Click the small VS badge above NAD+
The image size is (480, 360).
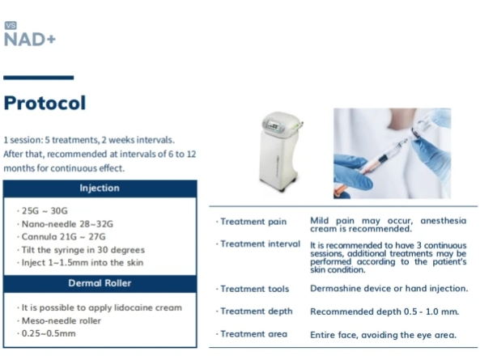click(11, 25)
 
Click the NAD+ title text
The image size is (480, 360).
click(30, 40)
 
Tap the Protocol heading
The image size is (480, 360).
click(45, 103)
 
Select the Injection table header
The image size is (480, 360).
click(100, 188)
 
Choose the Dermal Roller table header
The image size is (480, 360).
click(100, 283)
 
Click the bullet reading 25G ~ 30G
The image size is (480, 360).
click(43, 210)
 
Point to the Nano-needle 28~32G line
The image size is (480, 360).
click(66, 224)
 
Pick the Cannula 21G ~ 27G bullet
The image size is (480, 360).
click(62, 237)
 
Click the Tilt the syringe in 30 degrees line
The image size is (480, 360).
click(81, 250)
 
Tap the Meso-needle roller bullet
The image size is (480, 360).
click(59, 320)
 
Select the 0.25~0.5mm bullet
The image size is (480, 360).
click(46, 333)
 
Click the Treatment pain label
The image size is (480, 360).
click(251, 222)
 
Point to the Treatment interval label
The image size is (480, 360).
click(258, 244)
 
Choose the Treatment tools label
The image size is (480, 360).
click(253, 289)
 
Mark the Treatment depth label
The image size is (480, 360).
click(254, 311)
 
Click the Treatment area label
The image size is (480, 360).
click(252, 334)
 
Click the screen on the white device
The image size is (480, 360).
click(273, 125)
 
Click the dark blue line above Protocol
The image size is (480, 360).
click(39, 78)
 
